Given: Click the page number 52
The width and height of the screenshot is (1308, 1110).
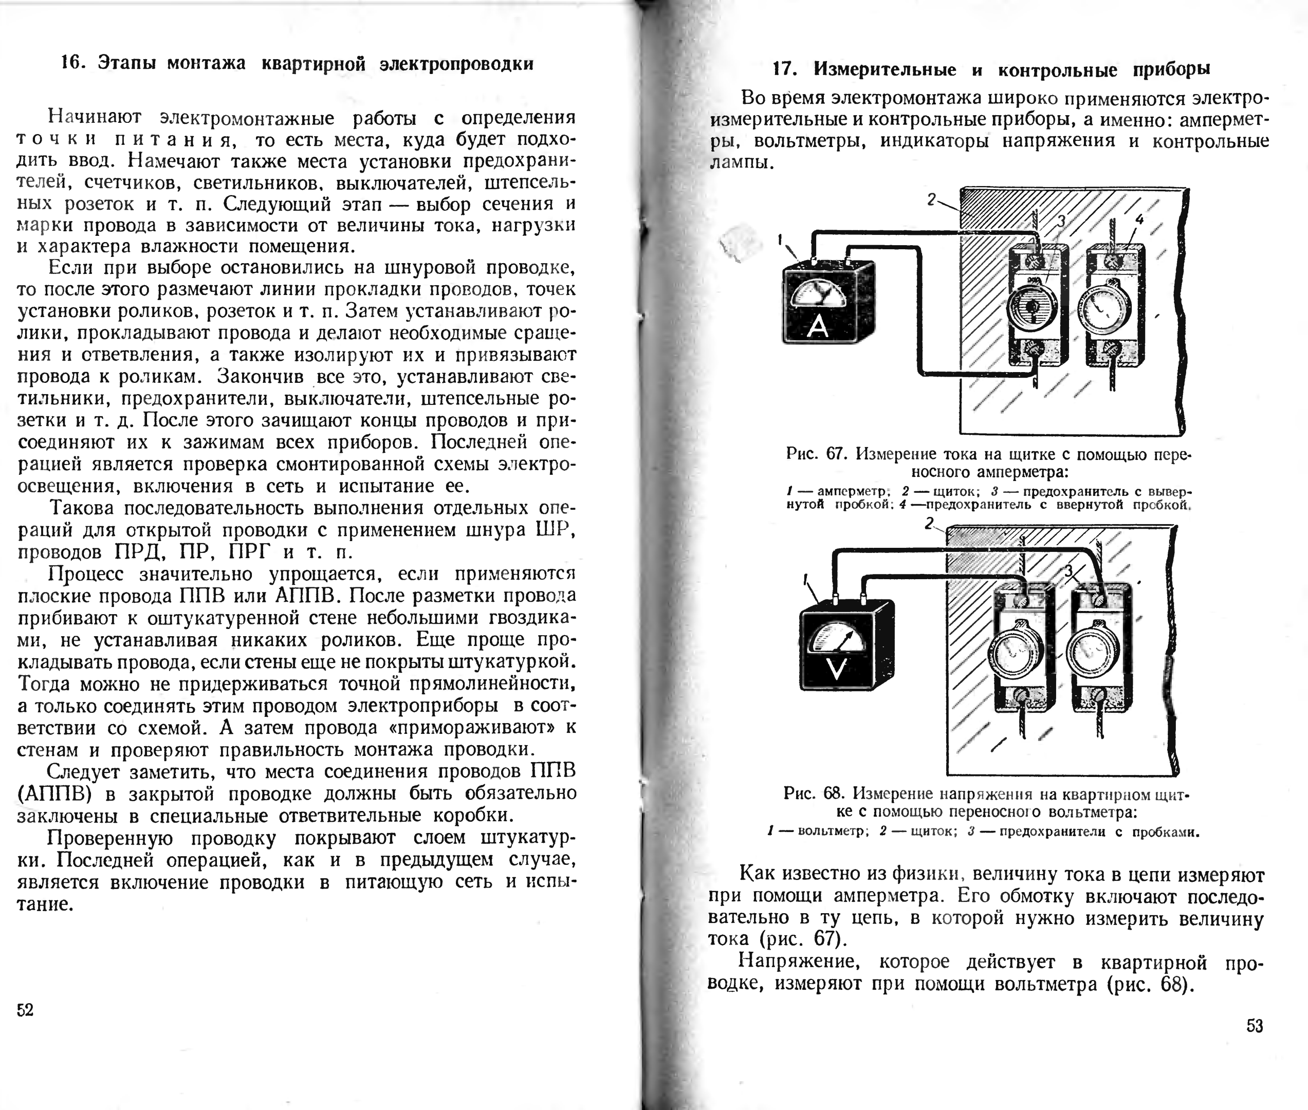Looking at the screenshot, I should (25, 1010).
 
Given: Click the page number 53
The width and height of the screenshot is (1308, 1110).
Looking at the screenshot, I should (1255, 1026).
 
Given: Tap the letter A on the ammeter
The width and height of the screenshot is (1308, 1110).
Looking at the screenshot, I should (817, 326).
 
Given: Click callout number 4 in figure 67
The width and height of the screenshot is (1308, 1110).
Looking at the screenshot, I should (1139, 219).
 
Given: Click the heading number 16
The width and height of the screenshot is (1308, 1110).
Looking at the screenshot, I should (73, 64).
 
